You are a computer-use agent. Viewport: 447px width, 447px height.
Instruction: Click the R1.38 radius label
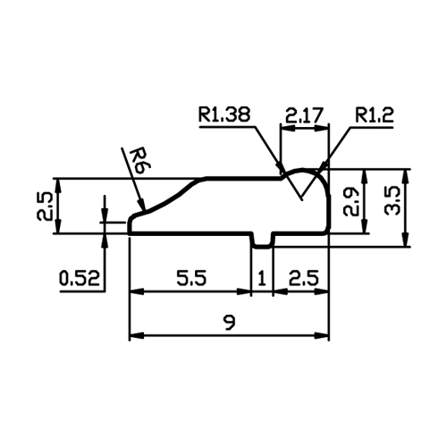(224, 114)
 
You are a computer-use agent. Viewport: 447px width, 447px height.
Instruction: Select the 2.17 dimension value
(304, 115)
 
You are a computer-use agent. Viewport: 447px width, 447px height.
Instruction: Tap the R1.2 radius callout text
(375, 114)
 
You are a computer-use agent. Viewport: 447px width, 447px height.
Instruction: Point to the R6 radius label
(140, 162)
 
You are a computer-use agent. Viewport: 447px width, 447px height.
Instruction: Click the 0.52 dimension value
(80, 278)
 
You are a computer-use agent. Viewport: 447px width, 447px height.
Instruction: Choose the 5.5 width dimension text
(191, 278)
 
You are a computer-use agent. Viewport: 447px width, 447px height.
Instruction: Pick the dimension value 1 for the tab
(262, 278)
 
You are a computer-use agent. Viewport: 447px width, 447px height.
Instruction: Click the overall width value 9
(230, 322)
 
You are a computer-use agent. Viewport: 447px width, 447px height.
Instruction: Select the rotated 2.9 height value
(350, 201)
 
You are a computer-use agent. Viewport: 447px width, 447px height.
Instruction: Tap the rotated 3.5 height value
(392, 200)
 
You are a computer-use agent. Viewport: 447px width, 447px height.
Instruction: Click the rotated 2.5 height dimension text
(45, 206)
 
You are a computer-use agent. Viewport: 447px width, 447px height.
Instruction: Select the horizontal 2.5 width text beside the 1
(304, 278)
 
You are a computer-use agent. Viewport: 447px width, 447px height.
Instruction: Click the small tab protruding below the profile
(262, 240)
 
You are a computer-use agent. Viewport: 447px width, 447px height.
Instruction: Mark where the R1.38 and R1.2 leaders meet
(301, 198)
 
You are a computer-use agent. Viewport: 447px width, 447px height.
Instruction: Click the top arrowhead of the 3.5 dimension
(404, 176)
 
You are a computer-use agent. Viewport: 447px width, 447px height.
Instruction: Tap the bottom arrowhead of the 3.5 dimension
(404, 240)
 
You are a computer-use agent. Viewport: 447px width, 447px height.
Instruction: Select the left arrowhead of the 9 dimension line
(137, 336)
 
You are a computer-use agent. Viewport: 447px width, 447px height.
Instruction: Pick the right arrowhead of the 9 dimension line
(321, 336)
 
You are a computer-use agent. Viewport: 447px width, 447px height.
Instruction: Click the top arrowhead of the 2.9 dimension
(364, 176)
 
